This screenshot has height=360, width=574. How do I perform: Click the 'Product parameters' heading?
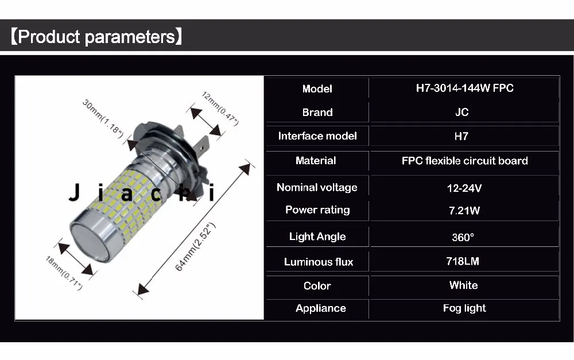pos(96,37)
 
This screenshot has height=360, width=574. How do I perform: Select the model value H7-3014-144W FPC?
pos(464,88)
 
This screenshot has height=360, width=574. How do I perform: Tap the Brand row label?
pos(317,112)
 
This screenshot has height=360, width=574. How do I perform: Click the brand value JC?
pos(462,112)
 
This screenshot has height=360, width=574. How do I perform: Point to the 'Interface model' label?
pos(317,136)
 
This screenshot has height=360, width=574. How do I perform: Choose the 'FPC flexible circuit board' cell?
pos(464,161)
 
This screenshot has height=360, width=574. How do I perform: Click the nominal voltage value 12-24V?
pos(464,188)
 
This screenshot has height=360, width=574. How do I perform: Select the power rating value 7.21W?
pos(464,211)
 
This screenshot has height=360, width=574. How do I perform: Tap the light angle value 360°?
pos(463,237)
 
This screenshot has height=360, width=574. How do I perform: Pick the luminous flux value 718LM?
pos(463,261)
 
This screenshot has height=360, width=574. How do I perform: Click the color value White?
pos(463,285)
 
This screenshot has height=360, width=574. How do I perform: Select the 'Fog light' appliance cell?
pos(464,308)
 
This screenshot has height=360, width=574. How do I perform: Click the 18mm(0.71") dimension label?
pos(64,273)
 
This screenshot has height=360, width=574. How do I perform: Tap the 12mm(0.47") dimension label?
pos(220,109)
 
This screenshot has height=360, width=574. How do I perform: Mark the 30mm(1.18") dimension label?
pos(103,119)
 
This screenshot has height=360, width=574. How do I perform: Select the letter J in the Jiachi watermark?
pos(75,192)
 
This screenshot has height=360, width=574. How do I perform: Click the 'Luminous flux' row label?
pos(319,262)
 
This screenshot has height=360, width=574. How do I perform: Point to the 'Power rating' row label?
pos(317,210)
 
